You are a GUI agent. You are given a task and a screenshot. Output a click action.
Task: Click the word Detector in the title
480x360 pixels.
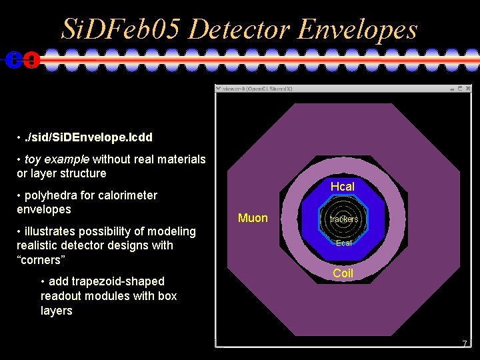coord(238,29)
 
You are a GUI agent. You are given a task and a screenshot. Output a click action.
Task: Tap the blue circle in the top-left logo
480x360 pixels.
coord(13,60)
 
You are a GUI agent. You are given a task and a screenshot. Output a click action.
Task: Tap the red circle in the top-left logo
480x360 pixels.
coord(31,60)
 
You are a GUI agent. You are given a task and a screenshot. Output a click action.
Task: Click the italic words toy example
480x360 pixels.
coord(57,159)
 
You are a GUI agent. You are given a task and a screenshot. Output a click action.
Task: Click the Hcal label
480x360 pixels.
coord(343,187)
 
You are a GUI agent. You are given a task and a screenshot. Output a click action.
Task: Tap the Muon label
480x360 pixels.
coord(253,218)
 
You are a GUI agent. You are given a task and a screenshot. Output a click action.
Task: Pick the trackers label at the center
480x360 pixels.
coord(344,219)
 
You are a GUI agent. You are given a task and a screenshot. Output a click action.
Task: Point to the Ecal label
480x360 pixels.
coord(344,243)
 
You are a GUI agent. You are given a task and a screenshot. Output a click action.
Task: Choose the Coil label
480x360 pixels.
coord(343,273)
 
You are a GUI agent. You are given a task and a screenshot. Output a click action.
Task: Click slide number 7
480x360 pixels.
coord(465,343)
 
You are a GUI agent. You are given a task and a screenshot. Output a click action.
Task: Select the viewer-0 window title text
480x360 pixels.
coord(257,88)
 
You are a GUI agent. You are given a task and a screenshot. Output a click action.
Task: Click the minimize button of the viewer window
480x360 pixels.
coord(452,88)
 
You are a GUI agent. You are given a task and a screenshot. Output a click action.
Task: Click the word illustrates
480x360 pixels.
coord(51,231)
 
